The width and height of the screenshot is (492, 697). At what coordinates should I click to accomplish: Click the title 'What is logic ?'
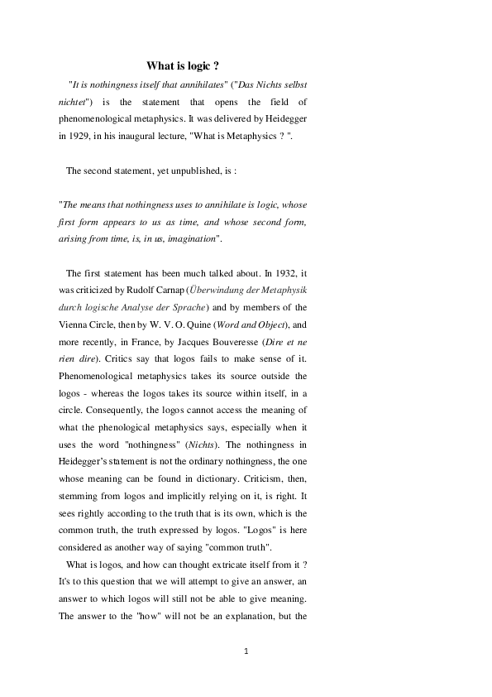coord(182,65)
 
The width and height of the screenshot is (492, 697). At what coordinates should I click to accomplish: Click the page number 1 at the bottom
coord(246,651)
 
